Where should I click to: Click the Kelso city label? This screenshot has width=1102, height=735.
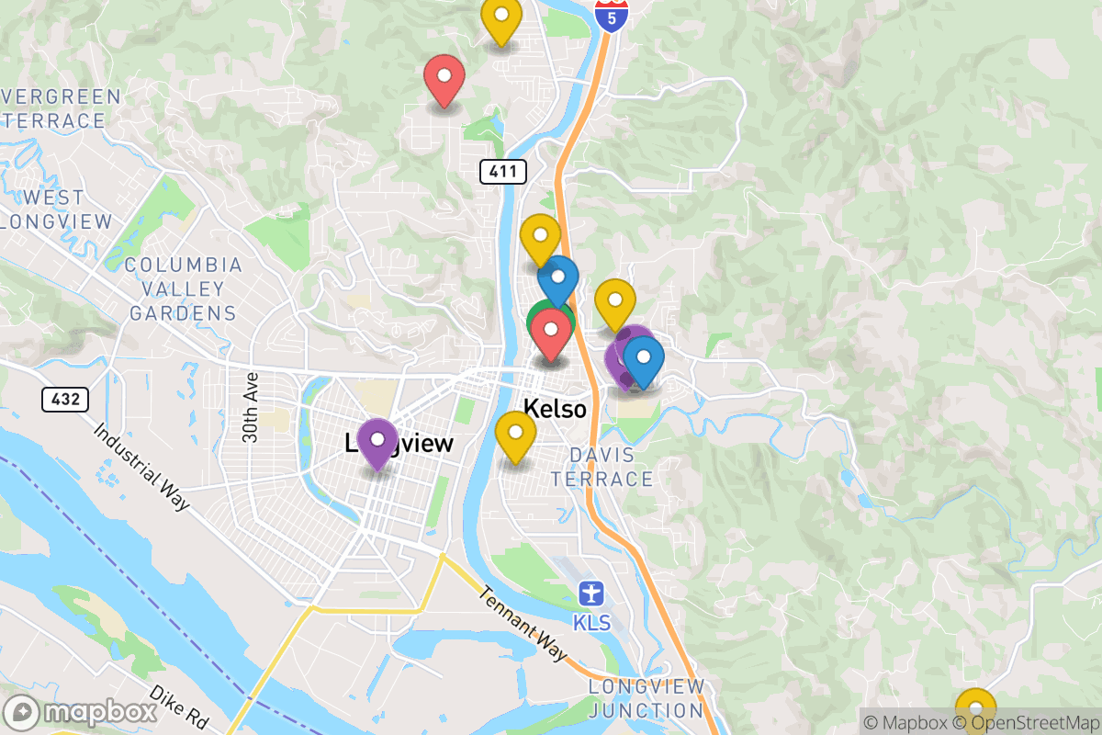(555, 408)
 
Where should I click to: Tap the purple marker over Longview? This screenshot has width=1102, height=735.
(377, 444)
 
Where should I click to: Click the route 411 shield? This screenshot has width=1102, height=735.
(502, 171)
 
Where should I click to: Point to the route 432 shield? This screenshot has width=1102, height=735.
(65, 400)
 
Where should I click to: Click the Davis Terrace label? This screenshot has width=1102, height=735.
(602, 467)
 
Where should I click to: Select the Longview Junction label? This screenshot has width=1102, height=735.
(647, 698)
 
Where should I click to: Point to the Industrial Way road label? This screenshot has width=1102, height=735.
(141, 466)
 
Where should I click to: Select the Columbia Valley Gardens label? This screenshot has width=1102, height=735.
(183, 289)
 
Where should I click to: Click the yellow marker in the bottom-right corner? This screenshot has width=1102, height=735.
(975, 710)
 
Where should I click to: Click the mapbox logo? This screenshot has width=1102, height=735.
(80, 713)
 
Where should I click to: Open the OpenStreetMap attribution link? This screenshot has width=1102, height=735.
(1032, 723)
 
